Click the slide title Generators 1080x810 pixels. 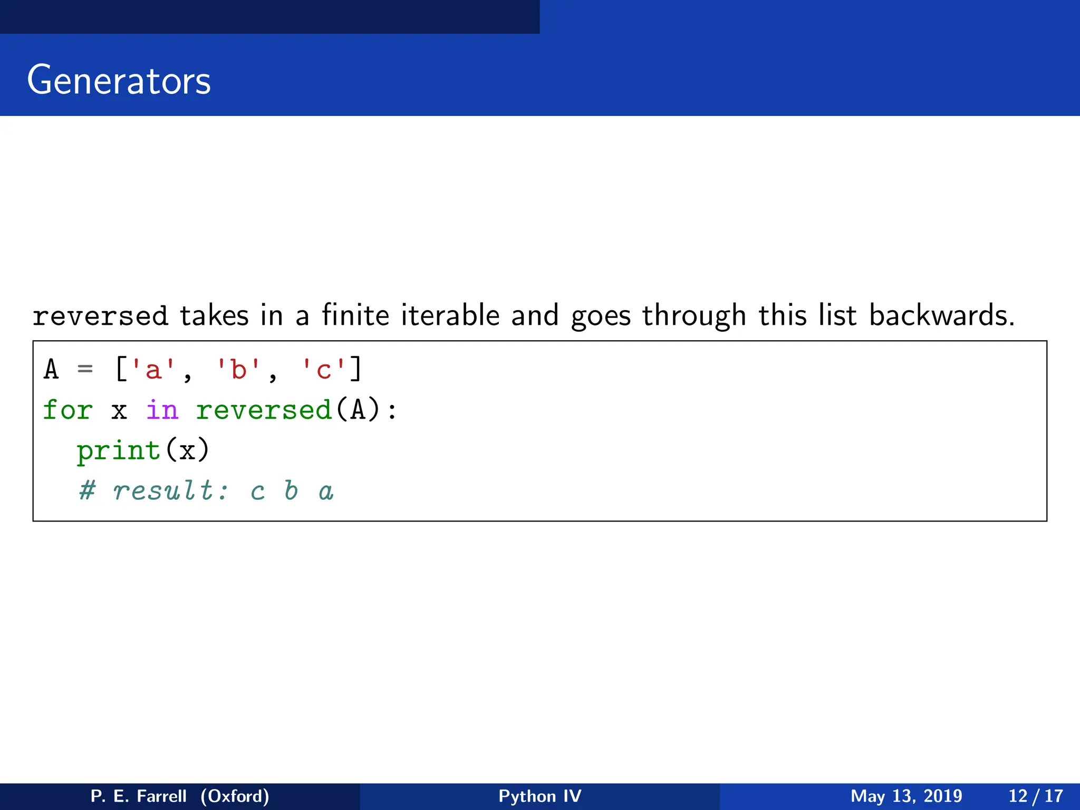[119, 81]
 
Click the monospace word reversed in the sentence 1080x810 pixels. [100, 316]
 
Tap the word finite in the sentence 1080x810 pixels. [355, 315]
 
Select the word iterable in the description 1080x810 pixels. [450, 315]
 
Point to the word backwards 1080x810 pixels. [941, 315]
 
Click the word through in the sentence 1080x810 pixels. [693, 316]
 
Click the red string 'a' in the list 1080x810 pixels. [153, 369]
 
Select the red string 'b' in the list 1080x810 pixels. [238, 369]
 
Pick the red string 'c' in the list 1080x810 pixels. [323, 369]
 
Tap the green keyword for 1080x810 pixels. [67, 410]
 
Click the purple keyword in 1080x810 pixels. [162, 410]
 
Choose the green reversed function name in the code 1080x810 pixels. [264, 410]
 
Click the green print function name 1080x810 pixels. [119, 450]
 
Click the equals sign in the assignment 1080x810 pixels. [85, 369]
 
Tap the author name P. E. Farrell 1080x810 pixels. [138, 796]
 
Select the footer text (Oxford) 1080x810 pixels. [235, 796]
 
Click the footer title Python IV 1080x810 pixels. [539, 796]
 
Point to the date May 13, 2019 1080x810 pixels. [906, 796]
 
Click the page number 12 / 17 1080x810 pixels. [1035, 796]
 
